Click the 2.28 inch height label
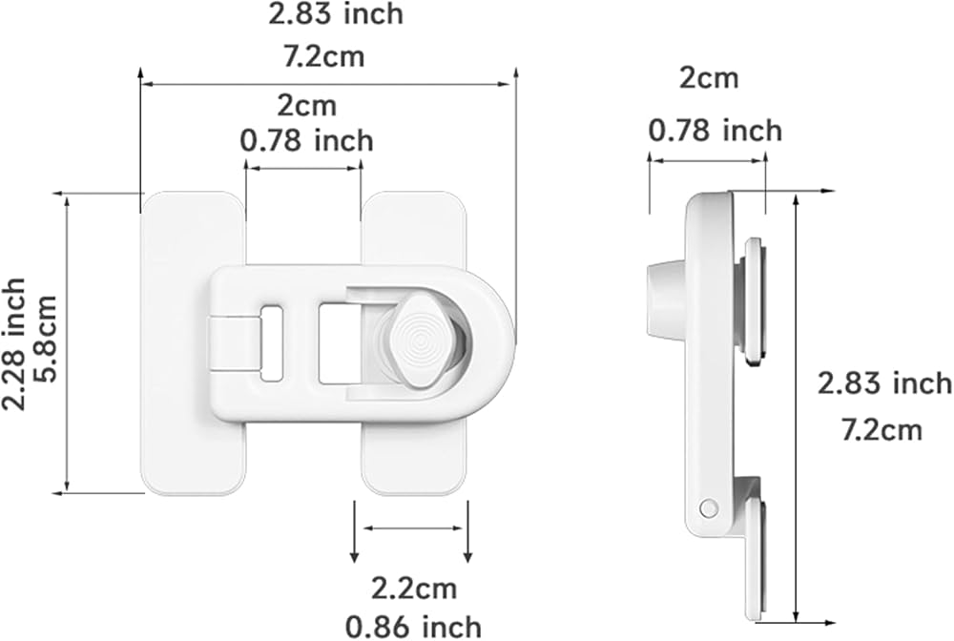14,344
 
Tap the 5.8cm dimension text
44,338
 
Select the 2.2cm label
414,589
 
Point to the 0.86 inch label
414,627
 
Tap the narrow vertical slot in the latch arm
272,343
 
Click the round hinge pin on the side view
708,507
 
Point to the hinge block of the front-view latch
233,343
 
